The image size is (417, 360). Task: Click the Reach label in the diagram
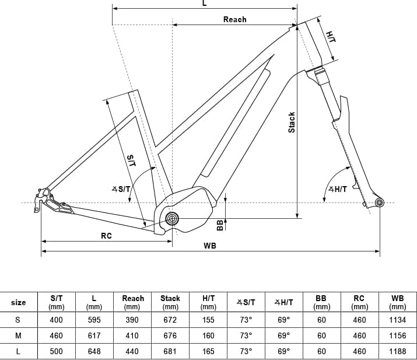[235, 19]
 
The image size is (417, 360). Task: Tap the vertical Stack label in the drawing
[292, 123]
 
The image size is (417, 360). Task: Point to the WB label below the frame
[210, 246]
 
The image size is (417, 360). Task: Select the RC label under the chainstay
[106, 236]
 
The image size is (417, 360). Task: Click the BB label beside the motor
[220, 225]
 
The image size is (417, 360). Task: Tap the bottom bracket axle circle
[172, 219]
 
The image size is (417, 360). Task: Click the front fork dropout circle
[380, 202]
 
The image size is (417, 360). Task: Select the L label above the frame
[204, 3]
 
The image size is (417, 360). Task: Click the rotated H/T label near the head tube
[331, 37]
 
